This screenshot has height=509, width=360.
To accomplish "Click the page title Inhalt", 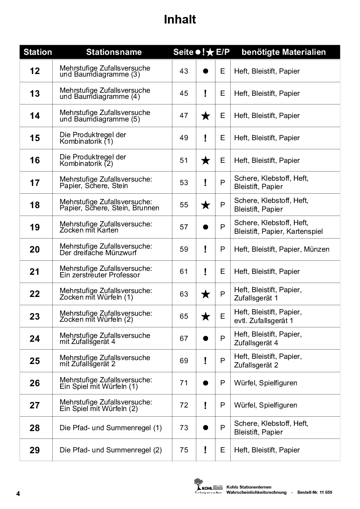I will coord(180,20).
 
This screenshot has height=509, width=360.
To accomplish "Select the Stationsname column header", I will coord(114,52).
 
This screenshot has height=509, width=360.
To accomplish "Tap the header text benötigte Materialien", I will coord(283,52).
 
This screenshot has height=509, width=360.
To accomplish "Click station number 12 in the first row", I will coord(35,71).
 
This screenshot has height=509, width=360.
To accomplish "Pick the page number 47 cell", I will coord(184,115).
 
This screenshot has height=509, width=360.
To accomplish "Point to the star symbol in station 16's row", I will coord(205,161).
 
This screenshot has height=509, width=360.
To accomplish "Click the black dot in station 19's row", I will coord(205,227).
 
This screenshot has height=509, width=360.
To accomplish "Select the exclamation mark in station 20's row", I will coord(205,249).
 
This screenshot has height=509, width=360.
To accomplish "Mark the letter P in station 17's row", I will coord(222,182).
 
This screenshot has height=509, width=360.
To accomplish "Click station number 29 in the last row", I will coord(35,450).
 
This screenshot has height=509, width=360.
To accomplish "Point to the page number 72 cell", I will coord(184,405).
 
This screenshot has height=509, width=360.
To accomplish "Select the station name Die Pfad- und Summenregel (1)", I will coord(111,428).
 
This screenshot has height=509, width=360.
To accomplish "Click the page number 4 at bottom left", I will coord(18,494).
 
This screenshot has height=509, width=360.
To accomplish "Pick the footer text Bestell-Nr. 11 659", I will coord(314,492).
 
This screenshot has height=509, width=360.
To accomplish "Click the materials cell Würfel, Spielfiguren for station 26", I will coord(266,383).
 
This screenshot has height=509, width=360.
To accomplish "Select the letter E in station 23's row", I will coord(222,316).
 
